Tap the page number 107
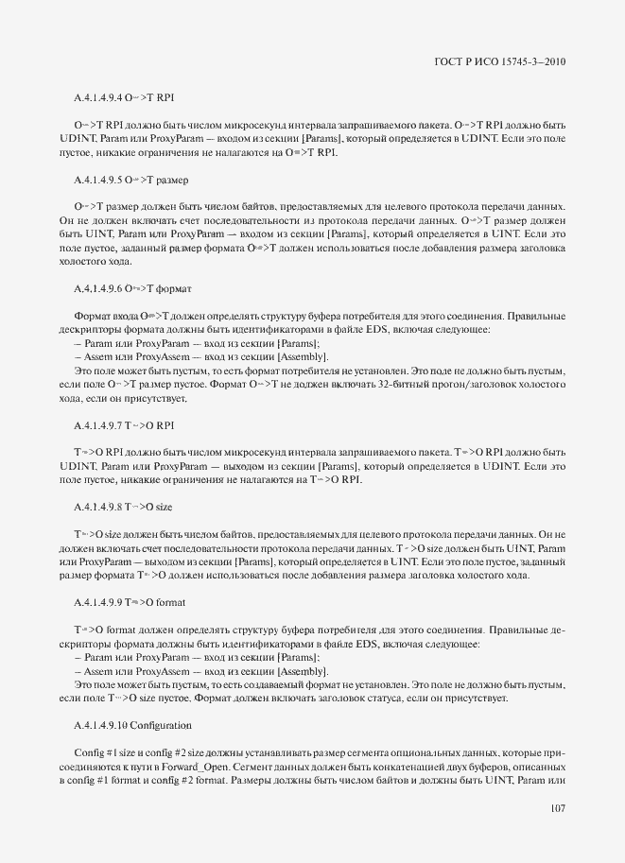point(557,807)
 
